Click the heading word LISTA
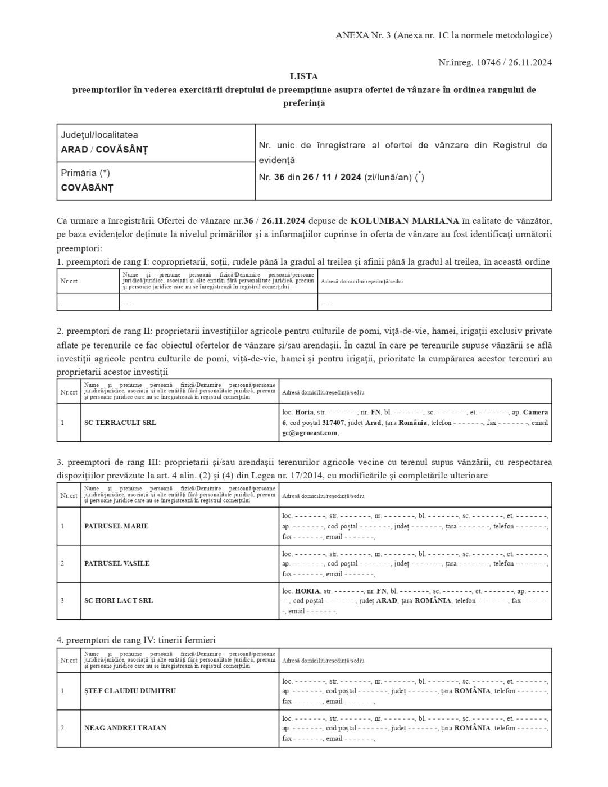pyautogui.click(x=303, y=76)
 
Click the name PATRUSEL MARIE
pyautogui.click(x=116, y=526)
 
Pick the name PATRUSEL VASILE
pyautogui.click(x=117, y=563)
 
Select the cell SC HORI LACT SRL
pyautogui.click(x=119, y=600)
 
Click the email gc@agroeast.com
pyautogui.click(x=310, y=433)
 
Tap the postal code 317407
pyautogui.click(x=333, y=423)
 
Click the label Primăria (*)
pyautogui.click(x=85, y=173)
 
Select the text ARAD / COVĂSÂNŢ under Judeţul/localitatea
pyautogui.click(x=105, y=150)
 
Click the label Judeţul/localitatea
pyautogui.click(x=99, y=135)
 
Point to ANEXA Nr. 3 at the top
pyautogui.click(x=363, y=35)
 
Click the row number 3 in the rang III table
pyautogui.click(x=62, y=600)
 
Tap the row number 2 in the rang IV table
pyautogui.click(x=62, y=728)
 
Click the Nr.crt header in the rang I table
pyautogui.click(x=69, y=281)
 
